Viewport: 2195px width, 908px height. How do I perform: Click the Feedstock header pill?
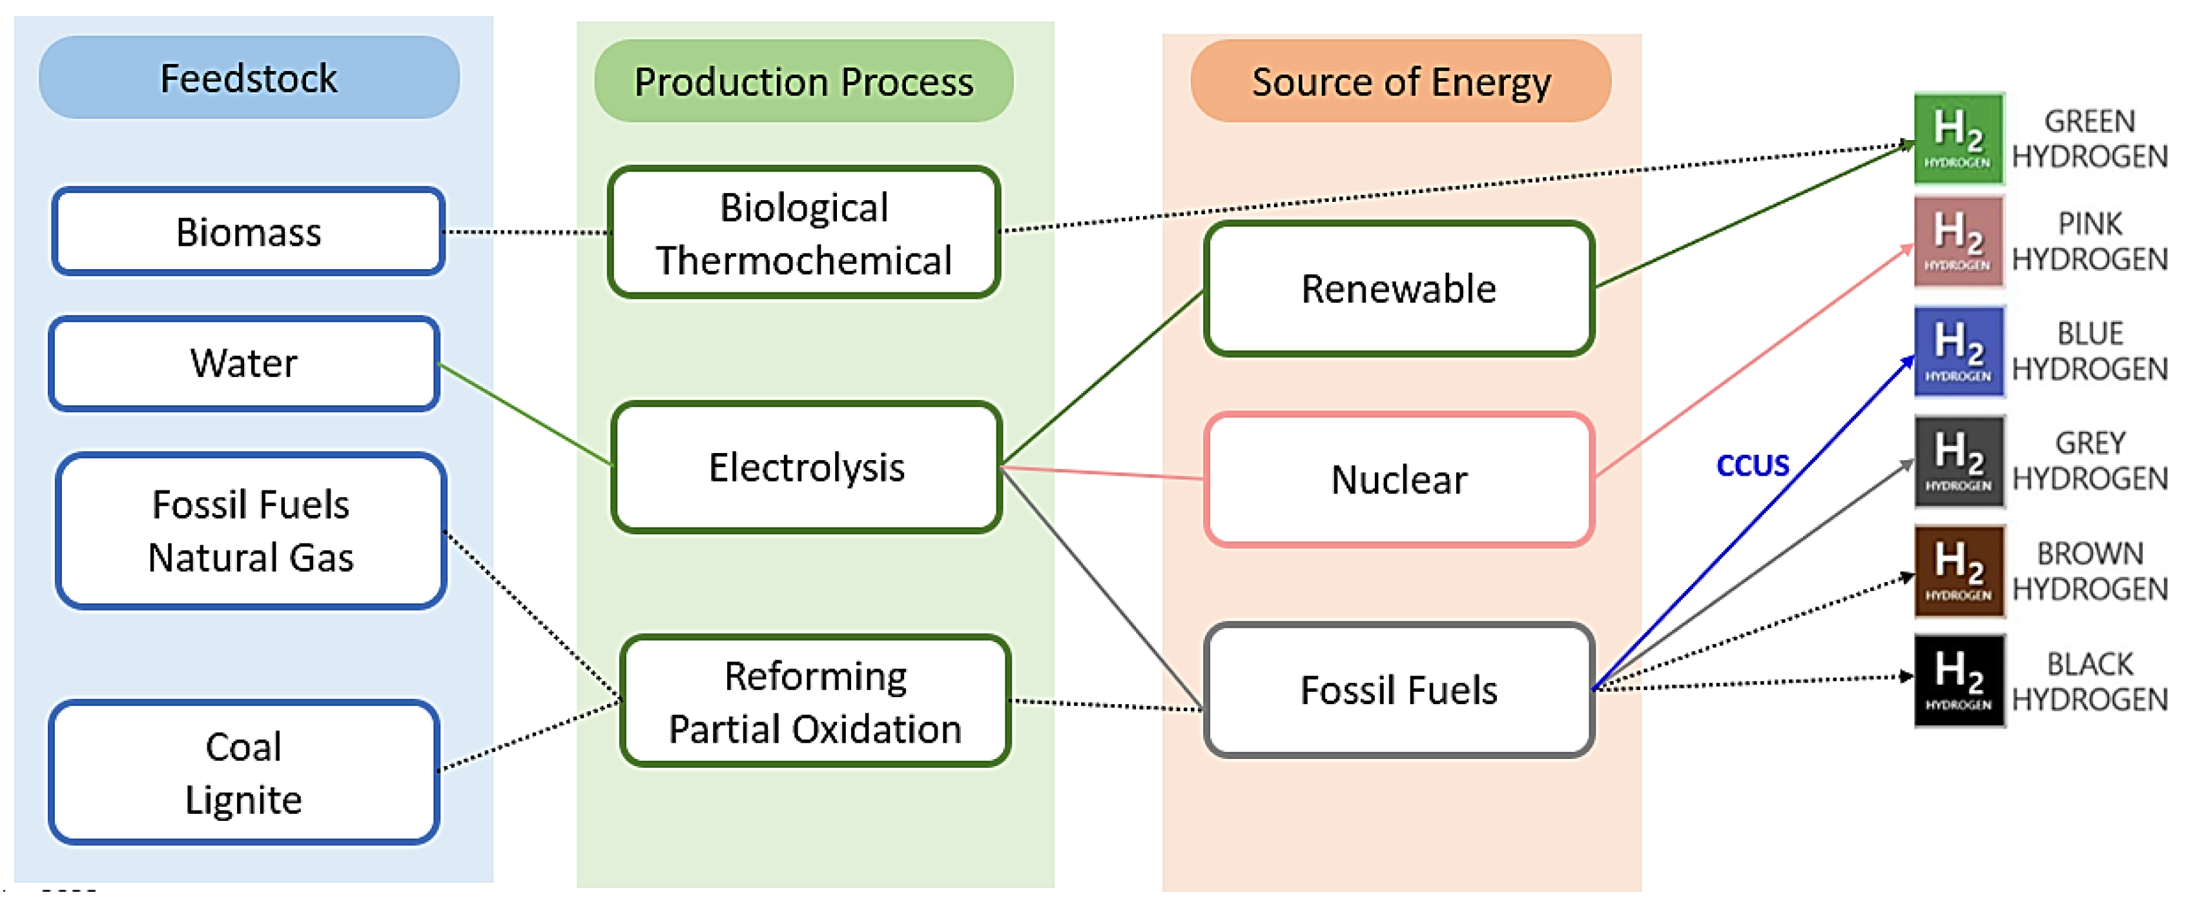click(249, 77)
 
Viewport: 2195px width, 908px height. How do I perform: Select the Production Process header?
click(803, 81)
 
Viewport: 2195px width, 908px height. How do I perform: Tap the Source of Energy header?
click(1400, 81)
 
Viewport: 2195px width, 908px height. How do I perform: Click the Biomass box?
click(248, 232)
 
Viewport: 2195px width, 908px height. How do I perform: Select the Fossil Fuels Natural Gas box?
click(251, 530)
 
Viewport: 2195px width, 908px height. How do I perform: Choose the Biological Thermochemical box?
click(803, 232)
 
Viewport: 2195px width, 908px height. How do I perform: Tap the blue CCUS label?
click(1752, 466)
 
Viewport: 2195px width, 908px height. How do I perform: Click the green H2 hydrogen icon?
click(1958, 138)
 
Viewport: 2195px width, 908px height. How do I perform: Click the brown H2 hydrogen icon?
click(1958, 570)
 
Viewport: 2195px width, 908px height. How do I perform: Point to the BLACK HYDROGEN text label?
click(2089, 681)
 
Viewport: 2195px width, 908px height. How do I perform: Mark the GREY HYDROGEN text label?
click(2089, 461)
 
